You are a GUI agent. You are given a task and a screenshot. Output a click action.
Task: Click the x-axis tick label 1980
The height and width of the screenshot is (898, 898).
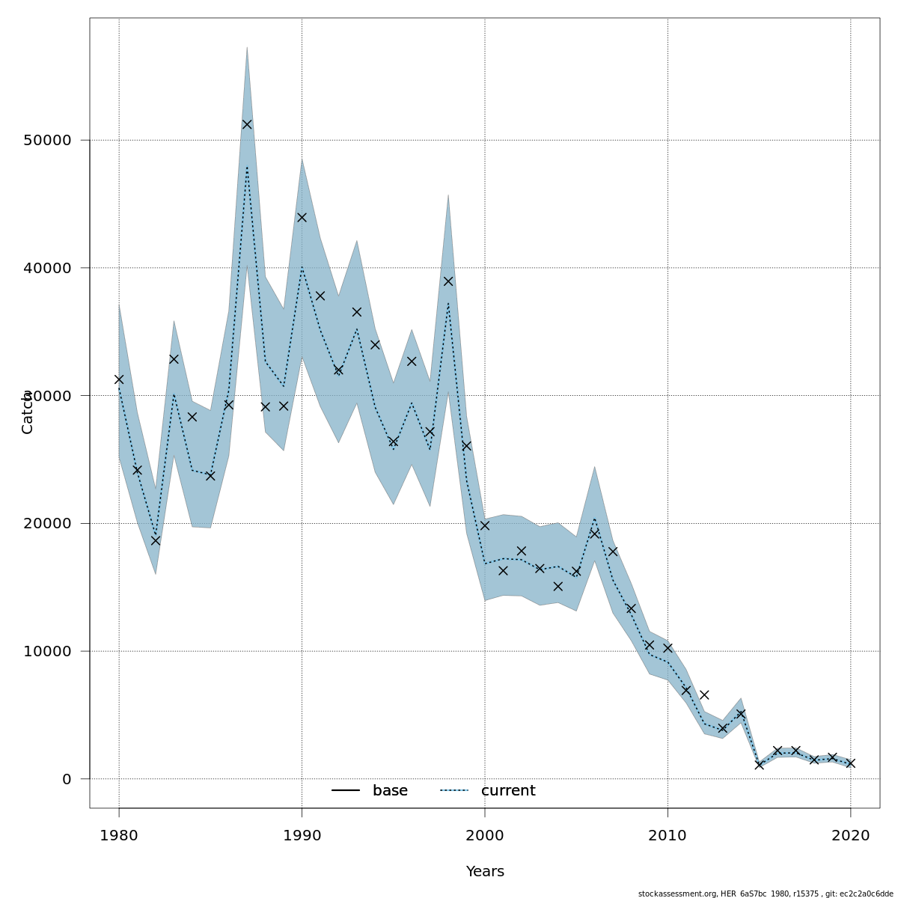point(119,835)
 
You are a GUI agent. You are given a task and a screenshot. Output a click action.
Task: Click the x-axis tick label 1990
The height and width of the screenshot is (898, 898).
point(302,835)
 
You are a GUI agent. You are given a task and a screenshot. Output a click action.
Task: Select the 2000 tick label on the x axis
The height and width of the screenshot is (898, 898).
point(485,835)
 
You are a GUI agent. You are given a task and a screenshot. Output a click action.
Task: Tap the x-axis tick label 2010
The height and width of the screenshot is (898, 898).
point(668,835)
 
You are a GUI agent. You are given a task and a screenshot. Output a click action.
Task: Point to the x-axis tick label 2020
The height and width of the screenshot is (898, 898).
point(850,835)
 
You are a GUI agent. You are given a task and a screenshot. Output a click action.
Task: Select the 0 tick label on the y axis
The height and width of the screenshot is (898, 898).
point(67,779)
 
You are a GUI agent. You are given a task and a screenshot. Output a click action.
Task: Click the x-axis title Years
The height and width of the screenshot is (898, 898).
point(485,872)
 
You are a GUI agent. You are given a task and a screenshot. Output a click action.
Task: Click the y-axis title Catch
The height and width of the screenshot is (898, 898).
point(28,412)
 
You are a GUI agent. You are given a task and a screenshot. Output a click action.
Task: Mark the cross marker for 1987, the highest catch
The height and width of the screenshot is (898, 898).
point(247,124)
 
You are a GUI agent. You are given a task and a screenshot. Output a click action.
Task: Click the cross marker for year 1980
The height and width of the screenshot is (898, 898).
point(119,379)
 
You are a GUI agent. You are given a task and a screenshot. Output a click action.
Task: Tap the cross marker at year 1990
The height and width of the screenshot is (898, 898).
point(302,217)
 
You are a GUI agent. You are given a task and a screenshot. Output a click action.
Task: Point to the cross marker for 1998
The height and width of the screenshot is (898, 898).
point(448,281)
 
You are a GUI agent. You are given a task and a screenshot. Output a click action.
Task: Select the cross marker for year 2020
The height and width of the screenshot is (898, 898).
point(850,763)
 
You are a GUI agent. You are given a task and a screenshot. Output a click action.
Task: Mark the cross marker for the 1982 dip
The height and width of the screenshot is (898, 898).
point(156,540)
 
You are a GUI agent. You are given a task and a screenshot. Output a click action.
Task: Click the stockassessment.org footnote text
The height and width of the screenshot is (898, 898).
point(766,894)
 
